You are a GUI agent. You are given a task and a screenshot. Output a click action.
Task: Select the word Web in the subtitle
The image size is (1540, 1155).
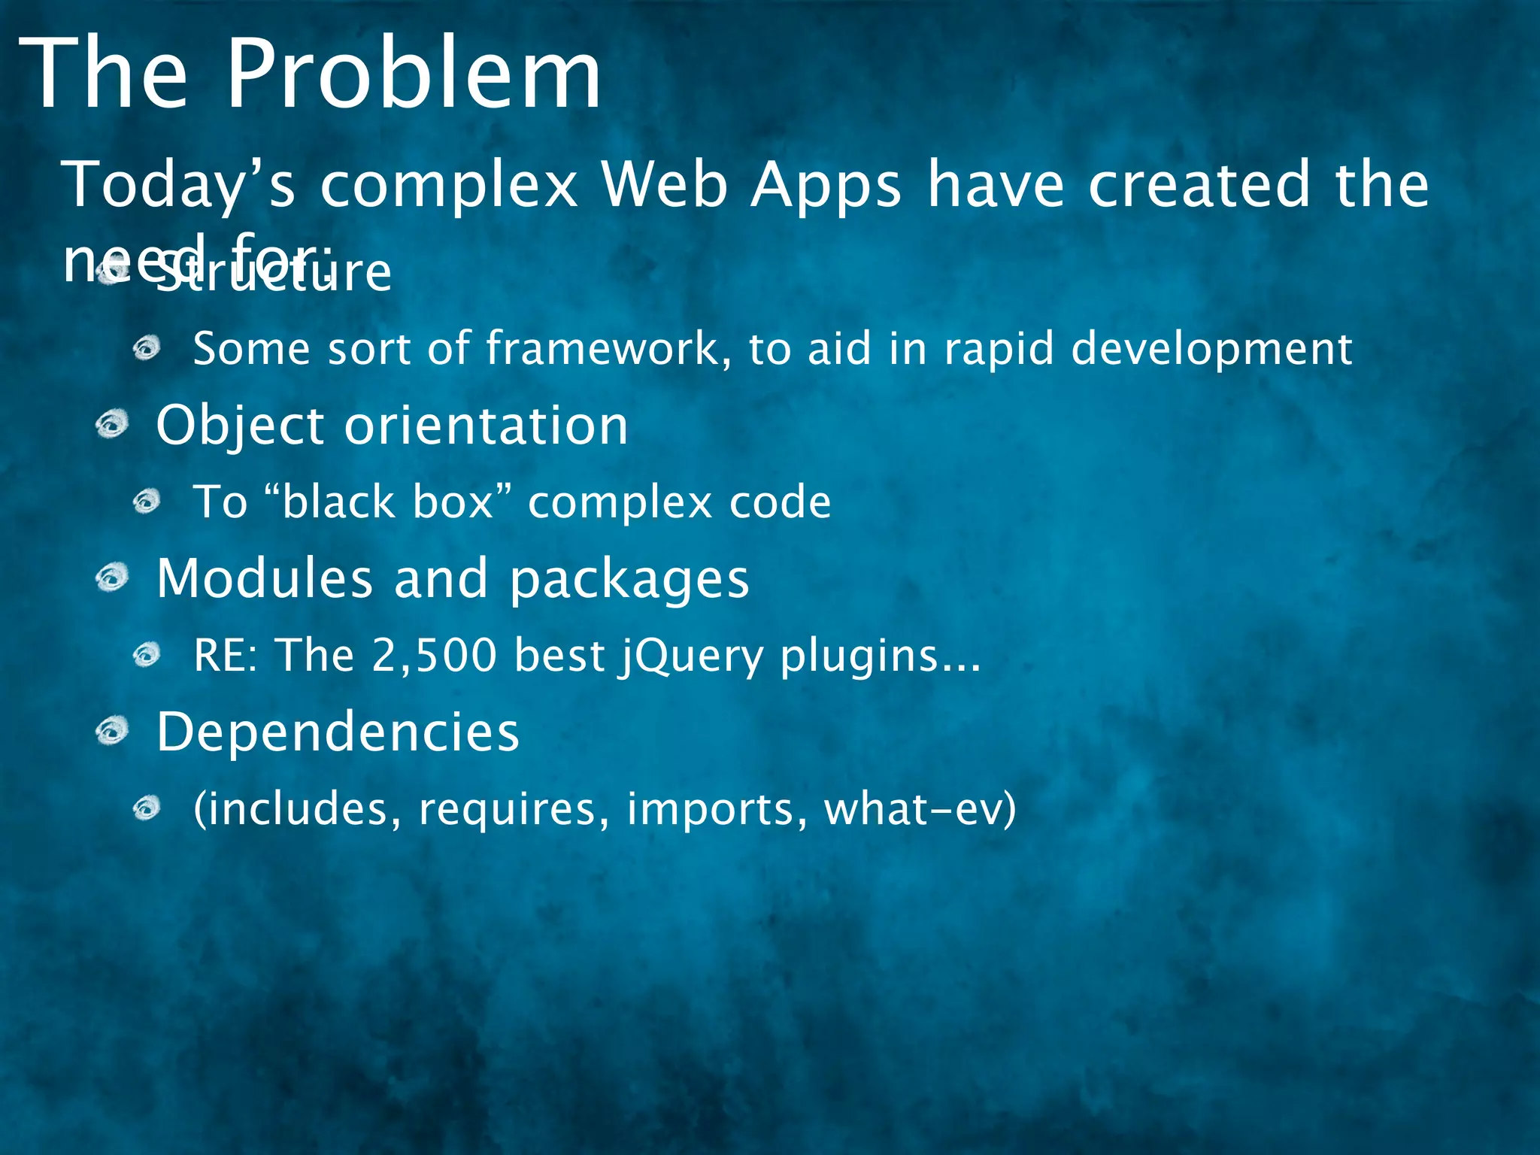pyautogui.click(x=665, y=185)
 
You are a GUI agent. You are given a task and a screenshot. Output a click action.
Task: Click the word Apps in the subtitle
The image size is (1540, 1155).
pyautogui.click(x=826, y=186)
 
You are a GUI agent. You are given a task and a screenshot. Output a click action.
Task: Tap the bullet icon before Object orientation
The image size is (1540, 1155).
pyautogui.click(x=113, y=426)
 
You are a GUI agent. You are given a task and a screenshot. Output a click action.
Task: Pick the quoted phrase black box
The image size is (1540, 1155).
pyautogui.click(x=388, y=502)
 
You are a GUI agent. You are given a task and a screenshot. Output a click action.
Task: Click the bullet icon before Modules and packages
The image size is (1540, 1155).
pyautogui.click(x=113, y=579)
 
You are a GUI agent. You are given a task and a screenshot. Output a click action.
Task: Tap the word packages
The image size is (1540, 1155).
pyautogui.click(x=629, y=581)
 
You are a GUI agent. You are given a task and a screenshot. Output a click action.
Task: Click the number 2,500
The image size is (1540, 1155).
pyautogui.click(x=435, y=656)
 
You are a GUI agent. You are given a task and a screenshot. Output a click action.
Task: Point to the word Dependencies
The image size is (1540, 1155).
pyautogui.click(x=338, y=732)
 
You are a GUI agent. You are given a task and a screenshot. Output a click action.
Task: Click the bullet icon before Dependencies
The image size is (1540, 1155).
pyautogui.click(x=113, y=731)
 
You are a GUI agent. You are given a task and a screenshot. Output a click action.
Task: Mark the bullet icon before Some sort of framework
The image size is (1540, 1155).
pyautogui.click(x=147, y=349)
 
